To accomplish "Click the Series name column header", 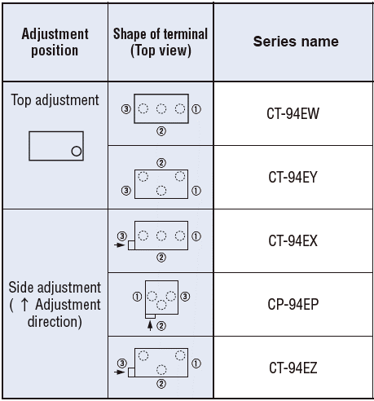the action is pos(296,42).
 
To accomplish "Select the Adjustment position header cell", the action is pos(55,42).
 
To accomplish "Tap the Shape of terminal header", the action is pos(161,42).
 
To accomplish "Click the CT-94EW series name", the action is pos(293,113).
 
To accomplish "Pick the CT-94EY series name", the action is pos(293,177).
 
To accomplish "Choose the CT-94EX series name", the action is pos(293,240).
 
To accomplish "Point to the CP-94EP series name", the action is pos(293,304).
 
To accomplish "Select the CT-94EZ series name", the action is pos(293,368).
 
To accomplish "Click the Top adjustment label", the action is pos(55,100).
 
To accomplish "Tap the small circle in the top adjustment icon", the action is pos(77,151).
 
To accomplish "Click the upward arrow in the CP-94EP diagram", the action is pos(150,325).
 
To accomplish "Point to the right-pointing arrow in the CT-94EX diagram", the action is pos(120,245).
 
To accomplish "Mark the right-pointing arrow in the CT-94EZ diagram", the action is pos(120,372).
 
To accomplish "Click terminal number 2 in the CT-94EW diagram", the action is pos(161,131).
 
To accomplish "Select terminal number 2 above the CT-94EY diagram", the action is pos(161,163).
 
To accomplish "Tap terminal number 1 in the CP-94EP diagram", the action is pos(137,297).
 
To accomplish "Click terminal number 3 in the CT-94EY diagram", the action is pos(126,191).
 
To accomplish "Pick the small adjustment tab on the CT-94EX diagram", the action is pos(131,245).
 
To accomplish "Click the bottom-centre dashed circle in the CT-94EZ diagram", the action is pos(161,370).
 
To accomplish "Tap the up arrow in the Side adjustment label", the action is pos(24,305).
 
